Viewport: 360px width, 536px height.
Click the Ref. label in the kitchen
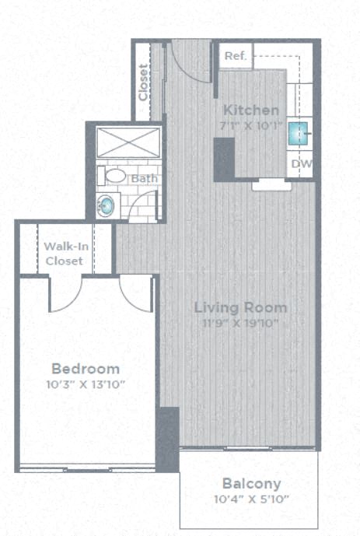coord(234,57)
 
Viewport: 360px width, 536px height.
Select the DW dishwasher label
coord(302,164)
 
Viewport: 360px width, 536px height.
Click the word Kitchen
coord(250,110)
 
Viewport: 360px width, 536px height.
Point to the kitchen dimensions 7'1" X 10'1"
coord(250,124)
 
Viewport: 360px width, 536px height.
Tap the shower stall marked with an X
coord(128,144)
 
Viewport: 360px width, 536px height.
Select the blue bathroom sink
coord(106,205)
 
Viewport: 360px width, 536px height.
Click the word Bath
coord(144,179)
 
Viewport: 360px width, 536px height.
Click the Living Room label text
coord(240,307)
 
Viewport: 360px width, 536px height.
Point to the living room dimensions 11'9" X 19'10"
coord(240,322)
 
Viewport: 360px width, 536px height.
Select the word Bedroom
coord(86,369)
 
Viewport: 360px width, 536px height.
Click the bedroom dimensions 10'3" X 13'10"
coord(86,384)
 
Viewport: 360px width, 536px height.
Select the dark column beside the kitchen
coord(224,159)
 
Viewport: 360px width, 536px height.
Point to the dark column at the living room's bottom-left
coord(167,439)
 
